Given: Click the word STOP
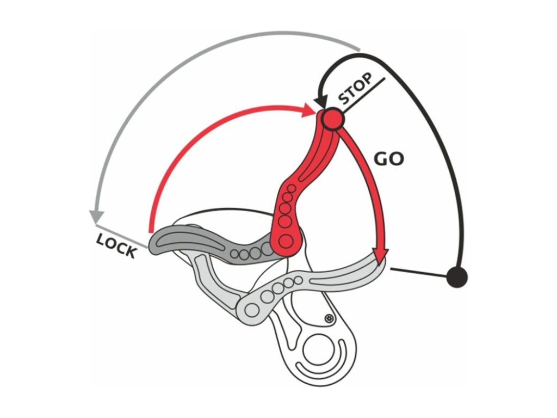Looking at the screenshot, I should coord(357,88).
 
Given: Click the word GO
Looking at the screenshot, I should coord(388,158).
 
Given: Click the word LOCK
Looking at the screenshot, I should coord(116,246).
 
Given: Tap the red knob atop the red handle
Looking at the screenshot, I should coord(331,118).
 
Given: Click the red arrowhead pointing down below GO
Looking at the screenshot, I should coord(381,254).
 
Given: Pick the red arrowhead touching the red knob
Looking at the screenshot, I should coord(311,111).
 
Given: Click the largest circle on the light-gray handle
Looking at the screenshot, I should coord(252,310).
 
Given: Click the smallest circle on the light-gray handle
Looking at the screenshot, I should coord(299,280).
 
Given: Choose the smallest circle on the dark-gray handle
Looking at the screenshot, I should coord(234,254).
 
